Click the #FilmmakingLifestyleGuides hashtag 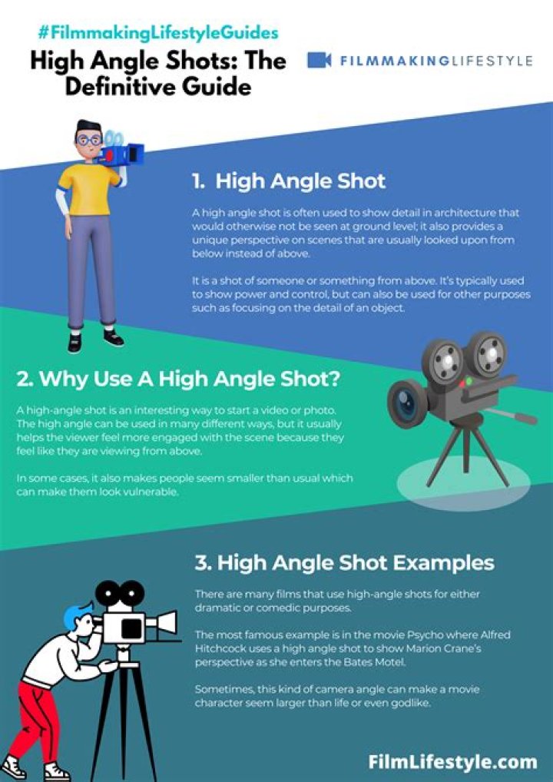[x=157, y=33]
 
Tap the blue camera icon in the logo [x=319, y=60]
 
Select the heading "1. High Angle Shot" [x=289, y=181]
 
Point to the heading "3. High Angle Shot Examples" [x=344, y=562]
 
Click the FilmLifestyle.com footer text [x=452, y=761]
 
